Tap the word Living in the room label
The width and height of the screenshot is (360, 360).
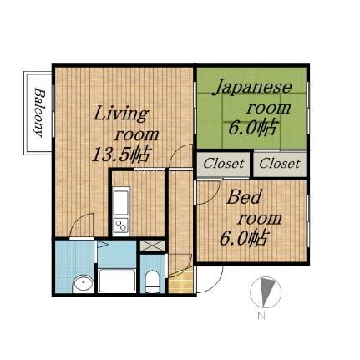[x=120, y=114]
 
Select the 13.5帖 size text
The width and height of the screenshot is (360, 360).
[x=121, y=154]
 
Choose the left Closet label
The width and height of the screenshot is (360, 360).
[x=224, y=163]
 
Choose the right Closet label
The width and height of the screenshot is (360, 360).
[x=279, y=163]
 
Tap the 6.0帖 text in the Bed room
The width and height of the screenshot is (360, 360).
[x=243, y=239]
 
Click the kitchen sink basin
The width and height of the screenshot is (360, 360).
[x=120, y=202]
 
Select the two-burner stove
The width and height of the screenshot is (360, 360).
[x=120, y=225]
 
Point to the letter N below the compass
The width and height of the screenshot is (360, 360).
[x=261, y=316]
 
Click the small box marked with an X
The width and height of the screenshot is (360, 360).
[x=152, y=246]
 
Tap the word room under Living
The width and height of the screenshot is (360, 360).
[x=137, y=134]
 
